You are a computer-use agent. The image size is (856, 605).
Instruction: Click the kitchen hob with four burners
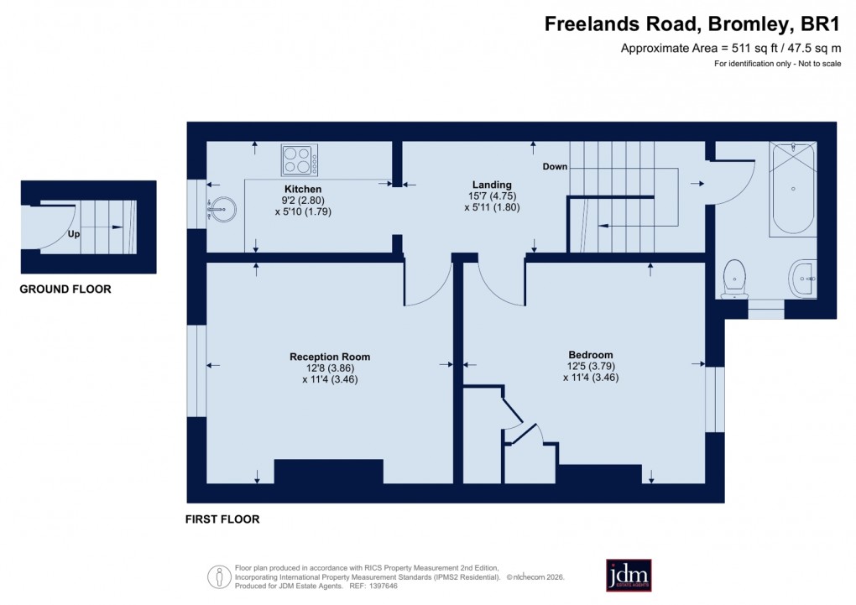click(x=300, y=159)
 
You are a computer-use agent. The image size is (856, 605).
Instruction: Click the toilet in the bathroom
click(x=734, y=277)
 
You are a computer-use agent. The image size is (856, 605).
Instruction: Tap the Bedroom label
click(x=590, y=355)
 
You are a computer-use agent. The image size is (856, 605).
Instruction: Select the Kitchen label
click(x=303, y=189)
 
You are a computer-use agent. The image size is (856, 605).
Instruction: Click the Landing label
click(x=492, y=185)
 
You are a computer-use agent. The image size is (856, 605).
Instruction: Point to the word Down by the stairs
click(x=555, y=167)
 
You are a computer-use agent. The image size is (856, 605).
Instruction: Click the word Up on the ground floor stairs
click(x=74, y=234)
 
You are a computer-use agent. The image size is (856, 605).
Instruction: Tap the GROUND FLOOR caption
click(x=66, y=289)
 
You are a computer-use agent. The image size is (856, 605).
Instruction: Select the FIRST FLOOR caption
click(x=222, y=519)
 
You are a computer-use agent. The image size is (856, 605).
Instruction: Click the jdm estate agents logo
click(x=629, y=575)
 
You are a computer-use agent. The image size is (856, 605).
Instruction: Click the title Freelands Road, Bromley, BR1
click(x=692, y=24)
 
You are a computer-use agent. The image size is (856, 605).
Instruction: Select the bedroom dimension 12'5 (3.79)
click(x=590, y=366)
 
